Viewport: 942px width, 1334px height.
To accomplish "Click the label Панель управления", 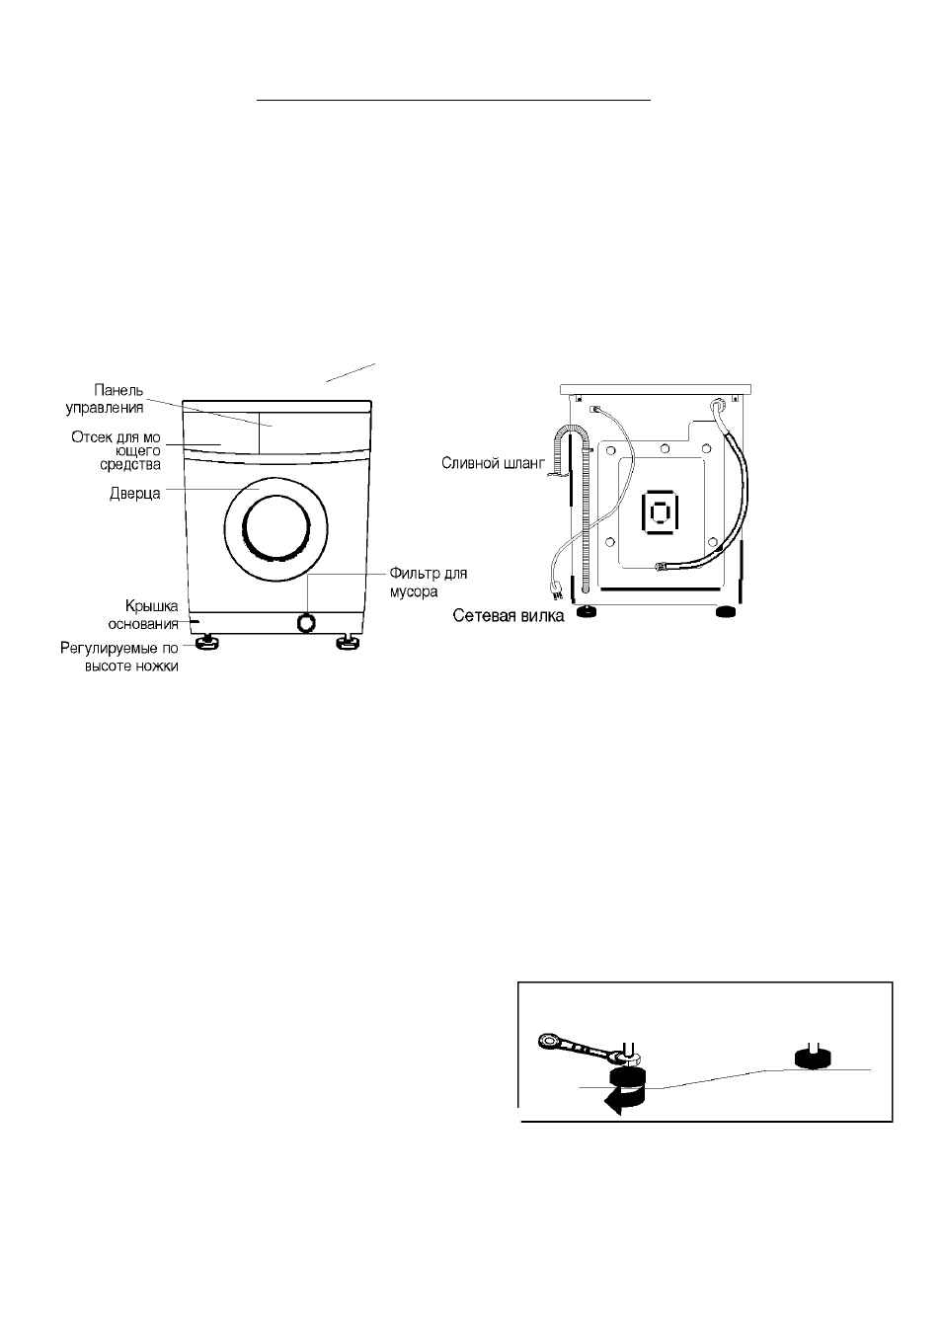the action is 105,399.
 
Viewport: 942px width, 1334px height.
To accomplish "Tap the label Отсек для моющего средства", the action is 117,451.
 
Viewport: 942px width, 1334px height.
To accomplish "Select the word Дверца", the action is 135,494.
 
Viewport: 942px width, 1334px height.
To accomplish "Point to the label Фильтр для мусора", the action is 429,582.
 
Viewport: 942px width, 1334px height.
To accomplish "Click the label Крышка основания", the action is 143,614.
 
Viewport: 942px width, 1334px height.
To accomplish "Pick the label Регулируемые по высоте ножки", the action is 119,657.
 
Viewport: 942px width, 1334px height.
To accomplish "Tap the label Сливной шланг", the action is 493,463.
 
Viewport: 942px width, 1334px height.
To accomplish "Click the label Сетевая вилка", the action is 509,615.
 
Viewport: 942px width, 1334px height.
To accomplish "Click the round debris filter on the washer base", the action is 306,623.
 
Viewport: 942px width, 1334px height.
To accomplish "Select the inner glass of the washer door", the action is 276,528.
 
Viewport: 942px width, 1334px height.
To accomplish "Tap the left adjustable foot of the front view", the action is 206,642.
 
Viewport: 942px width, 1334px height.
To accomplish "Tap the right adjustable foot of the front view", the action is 346,642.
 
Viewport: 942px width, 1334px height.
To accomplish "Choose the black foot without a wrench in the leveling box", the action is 814,1058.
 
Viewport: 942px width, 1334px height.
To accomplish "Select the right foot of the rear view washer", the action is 725,611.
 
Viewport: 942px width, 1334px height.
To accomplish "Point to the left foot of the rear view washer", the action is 588,611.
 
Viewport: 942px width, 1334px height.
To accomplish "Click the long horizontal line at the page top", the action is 454,101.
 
